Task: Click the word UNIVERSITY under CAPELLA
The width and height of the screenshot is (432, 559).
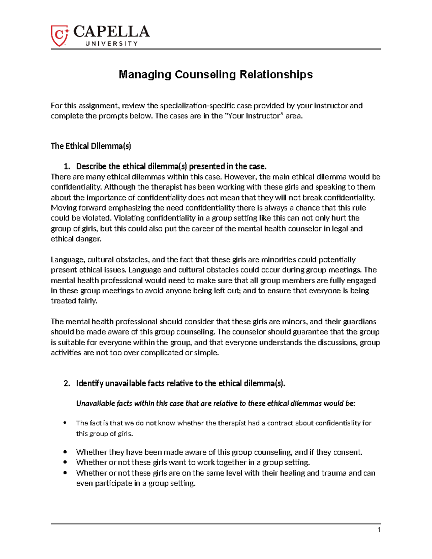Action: (x=111, y=44)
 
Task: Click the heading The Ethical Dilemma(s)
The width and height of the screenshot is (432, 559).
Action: (x=91, y=146)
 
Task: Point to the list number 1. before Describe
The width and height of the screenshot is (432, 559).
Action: (x=67, y=166)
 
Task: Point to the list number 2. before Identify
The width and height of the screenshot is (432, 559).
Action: (x=67, y=383)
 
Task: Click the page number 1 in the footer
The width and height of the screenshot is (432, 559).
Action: (x=379, y=529)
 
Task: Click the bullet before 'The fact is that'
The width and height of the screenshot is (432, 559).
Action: (x=65, y=423)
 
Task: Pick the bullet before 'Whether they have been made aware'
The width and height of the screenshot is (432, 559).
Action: (x=65, y=452)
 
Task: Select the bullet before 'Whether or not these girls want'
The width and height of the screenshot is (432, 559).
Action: (x=65, y=462)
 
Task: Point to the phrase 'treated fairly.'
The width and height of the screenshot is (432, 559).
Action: (x=74, y=301)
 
